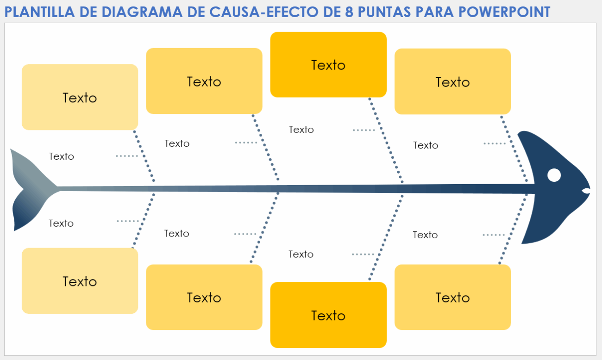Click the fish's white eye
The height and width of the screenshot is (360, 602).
[554, 175]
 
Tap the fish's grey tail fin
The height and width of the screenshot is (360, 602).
[32, 190]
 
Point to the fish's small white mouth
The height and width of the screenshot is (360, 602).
[586, 191]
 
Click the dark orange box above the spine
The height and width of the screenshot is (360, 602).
[328, 65]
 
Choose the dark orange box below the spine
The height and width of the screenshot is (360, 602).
[328, 315]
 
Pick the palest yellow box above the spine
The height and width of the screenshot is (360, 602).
[80, 97]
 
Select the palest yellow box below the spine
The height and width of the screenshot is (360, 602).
[80, 281]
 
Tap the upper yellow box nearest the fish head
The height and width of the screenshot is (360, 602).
[452, 81]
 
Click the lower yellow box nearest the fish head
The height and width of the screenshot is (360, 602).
[452, 297]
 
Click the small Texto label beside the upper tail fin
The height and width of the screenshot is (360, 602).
[62, 156]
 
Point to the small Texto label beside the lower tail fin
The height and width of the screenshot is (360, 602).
[61, 223]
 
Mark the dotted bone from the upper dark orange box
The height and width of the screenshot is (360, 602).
[385, 139]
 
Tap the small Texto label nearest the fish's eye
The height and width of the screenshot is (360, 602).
[426, 145]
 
